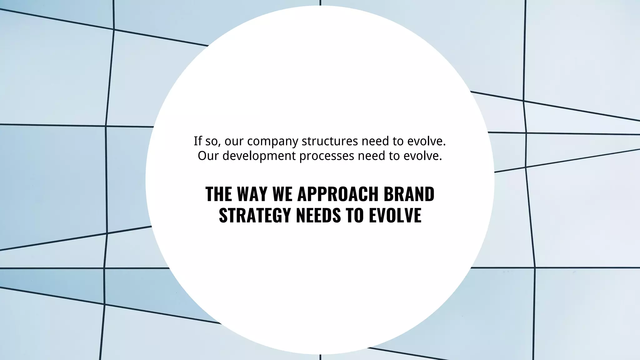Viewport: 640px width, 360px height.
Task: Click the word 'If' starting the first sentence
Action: pos(197,141)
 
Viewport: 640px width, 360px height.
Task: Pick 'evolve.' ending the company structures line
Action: pos(427,141)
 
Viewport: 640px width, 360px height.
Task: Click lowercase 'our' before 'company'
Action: pos(234,141)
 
